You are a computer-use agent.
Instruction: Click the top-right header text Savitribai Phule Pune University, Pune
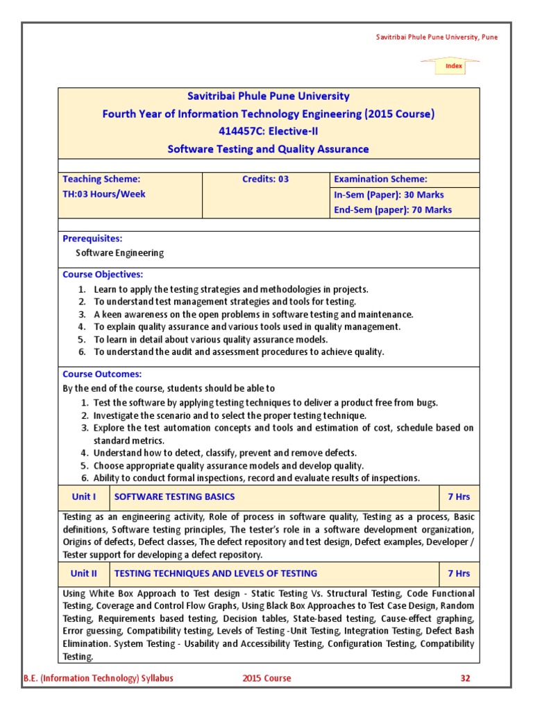point(432,37)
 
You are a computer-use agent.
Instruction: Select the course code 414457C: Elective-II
point(269,131)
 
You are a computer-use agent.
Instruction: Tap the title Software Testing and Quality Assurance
point(269,149)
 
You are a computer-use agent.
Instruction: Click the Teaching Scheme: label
point(101,179)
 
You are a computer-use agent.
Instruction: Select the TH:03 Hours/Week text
point(104,194)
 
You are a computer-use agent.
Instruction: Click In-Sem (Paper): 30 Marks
point(389,195)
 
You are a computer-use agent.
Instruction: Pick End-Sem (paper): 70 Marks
point(393,209)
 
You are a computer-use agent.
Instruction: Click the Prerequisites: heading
point(92,239)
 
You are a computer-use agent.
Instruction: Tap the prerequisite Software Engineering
point(119,253)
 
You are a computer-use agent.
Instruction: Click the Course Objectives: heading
point(103,275)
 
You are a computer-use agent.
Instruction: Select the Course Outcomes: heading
point(102,374)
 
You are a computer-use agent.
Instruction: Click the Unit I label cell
point(84,496)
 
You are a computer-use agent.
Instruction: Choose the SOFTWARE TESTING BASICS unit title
point(174,496)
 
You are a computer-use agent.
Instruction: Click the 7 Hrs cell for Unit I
point(459,496)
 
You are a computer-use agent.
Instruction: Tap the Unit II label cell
point(84,573)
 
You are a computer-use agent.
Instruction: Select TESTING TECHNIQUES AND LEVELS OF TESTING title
point(215,573)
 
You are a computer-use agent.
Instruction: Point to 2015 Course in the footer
point(267,678)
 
